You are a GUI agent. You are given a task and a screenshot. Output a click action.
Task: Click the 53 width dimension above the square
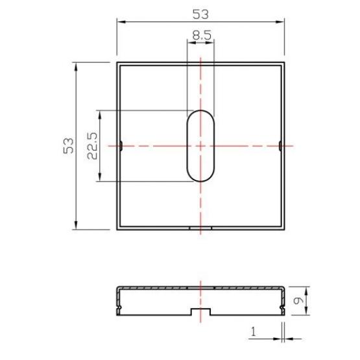200,14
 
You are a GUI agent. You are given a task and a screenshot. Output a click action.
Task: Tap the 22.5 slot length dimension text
92,146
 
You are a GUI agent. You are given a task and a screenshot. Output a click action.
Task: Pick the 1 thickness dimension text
254,332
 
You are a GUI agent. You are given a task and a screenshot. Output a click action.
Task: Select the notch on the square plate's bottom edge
200,228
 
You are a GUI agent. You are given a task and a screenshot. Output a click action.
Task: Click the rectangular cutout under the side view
200,313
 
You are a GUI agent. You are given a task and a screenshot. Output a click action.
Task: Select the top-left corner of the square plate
117,63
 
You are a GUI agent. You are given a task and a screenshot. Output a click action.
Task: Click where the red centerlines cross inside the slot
201,146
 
